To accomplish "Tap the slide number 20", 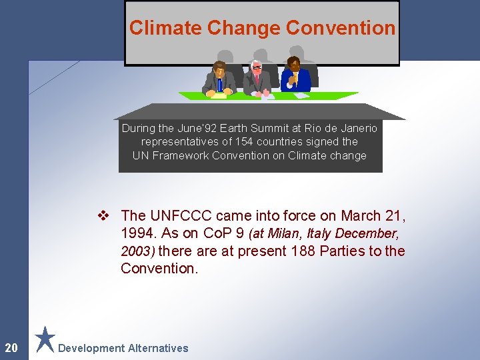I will pos(11,347).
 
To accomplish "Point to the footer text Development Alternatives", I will pos(123,348).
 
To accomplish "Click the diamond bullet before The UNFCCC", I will pos(103,215).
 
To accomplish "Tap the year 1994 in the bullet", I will pos(135,233).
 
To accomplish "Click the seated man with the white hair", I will pos(256,79).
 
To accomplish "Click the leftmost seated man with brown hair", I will pos(219,79).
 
